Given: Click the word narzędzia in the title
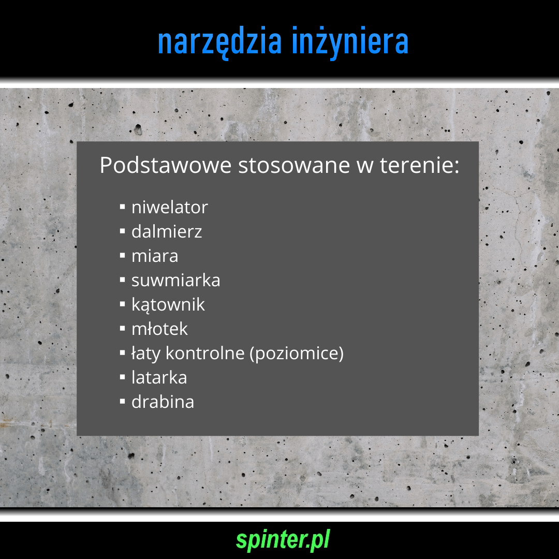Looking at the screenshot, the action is pos(219,42).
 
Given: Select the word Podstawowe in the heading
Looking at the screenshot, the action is pos(166,165).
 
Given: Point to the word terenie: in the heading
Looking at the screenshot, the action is pos(419,166).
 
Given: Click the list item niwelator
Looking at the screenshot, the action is pos(170,207).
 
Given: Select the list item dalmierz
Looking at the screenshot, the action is pos(167,231).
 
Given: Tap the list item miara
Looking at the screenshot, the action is pos(155,256).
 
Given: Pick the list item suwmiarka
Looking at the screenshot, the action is pos(176,280).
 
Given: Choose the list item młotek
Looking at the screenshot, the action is pos(159,329).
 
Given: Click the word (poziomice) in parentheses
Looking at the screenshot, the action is pos(297,354).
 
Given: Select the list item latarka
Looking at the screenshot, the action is pos(159,377).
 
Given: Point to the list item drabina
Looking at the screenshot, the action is pos(163,402).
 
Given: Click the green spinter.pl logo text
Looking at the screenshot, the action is pos(283,540).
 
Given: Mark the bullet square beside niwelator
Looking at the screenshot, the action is pos(123,207).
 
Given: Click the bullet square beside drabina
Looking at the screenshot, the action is pos(123,402).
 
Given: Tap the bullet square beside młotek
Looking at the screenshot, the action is pos(123,328).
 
